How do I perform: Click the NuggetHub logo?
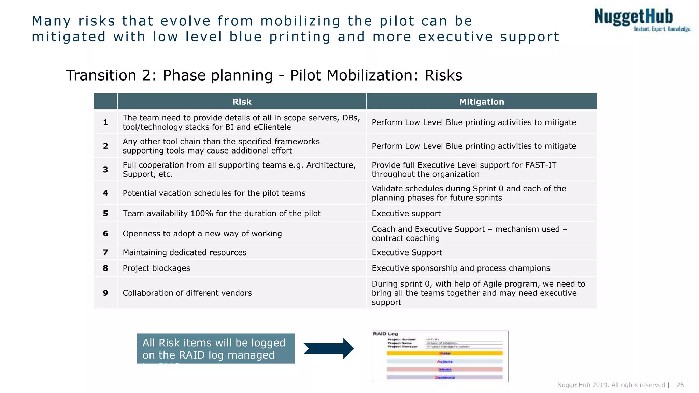tap(642, 20)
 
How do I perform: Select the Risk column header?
tap(242, 102)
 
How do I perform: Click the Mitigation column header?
tap(481, 102)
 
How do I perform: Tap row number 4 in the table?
tap(105, 193)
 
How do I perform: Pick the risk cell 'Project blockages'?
tap(156, 268)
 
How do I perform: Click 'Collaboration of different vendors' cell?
tap(187, 293)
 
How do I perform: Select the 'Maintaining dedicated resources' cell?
tap(184, 252)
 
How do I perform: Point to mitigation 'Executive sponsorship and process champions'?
tap(461, 268)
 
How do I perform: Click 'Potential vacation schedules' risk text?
tap(214, 193)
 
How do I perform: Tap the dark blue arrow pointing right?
tap(328, 349)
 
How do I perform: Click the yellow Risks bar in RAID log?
tap(444, 353)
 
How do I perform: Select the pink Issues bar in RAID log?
tap(444, 369)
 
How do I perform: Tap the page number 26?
tap(680, 385)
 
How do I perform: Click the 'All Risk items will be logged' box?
tap(215, 348)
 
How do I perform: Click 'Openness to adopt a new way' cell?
tap(202, 234)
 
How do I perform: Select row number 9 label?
tap(105, 293)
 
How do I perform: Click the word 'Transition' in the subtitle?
tap(101, 75)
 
